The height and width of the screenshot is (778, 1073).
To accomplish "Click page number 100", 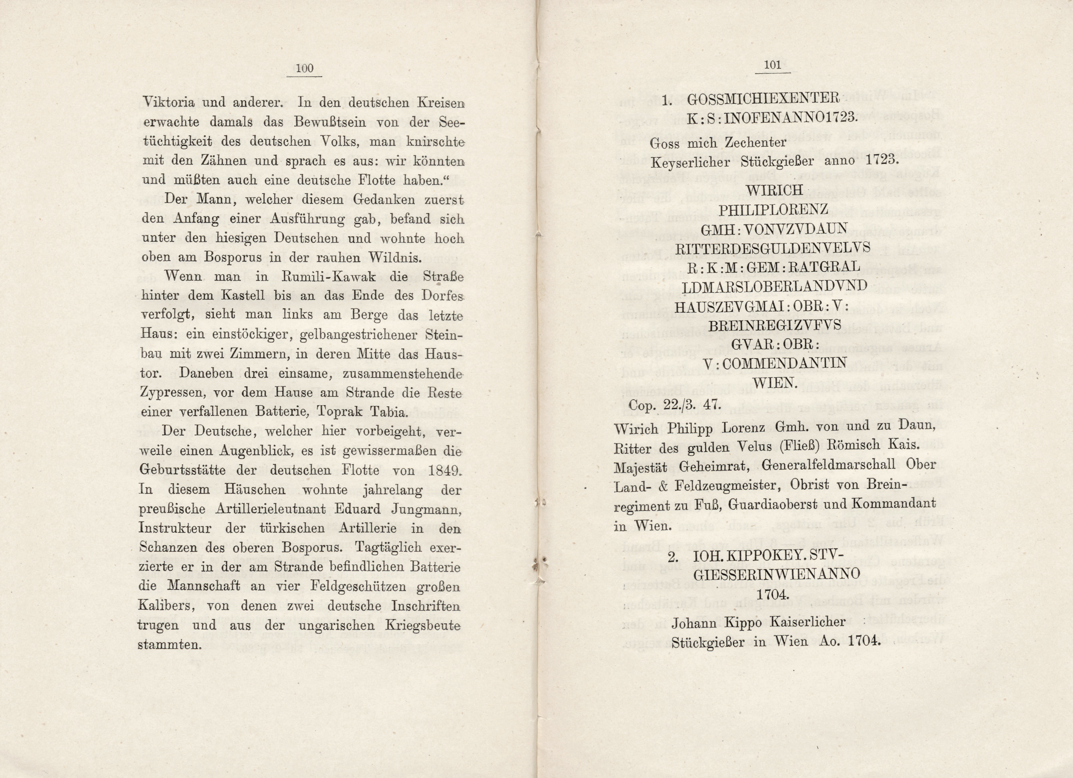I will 304,68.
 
